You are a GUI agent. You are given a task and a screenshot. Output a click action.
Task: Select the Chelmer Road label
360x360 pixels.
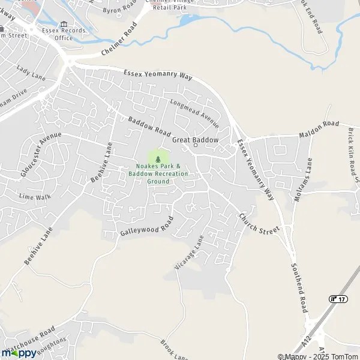[x=119, y=40]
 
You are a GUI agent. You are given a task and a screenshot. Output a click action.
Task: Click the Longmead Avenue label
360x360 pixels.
[x=194, y=112]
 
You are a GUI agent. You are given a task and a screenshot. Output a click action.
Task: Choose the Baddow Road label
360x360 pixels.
[x=149, y=127]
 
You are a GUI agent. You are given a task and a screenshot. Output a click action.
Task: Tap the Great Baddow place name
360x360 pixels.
[x=195, y=139]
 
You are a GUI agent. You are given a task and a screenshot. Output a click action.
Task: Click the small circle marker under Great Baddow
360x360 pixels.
[x=195, y=146]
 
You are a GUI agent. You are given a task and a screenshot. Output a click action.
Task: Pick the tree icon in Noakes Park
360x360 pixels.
[x=158, y=158]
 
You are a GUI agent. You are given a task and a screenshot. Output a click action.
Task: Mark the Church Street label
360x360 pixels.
[x=259, y=223]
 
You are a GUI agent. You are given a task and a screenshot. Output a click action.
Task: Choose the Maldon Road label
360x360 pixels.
[x=319, y=129]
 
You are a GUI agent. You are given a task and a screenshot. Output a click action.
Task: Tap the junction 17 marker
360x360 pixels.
[x=338, y=298]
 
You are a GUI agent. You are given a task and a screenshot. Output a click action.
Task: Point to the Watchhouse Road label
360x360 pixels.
[x=32, y=340]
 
